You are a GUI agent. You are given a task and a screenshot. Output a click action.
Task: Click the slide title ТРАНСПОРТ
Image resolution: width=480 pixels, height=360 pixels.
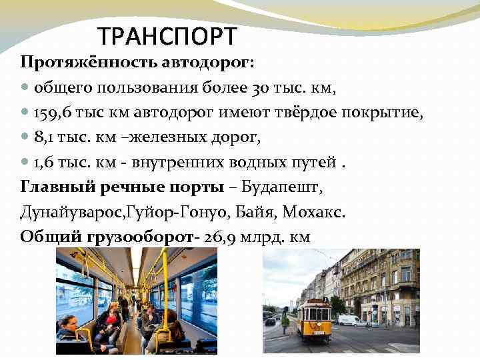pyautogui.click(x=166, y=35)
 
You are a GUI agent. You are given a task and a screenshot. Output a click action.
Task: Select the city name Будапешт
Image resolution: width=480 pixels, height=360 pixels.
pyautogui.click(x=282, y=187)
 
